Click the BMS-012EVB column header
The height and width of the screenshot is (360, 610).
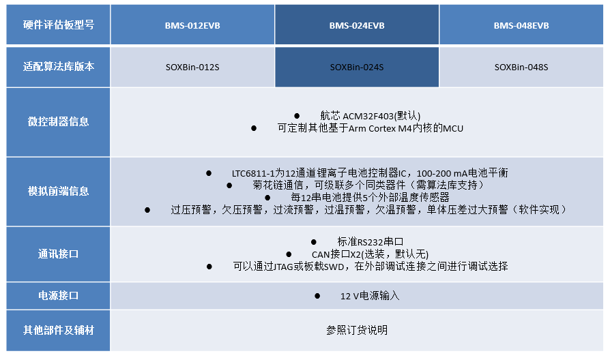(192, 25)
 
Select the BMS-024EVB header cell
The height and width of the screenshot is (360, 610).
(357, 25)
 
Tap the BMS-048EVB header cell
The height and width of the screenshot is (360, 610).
(521, 25)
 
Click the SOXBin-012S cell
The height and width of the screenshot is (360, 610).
(192, 67)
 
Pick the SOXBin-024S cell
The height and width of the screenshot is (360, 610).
(357, 67)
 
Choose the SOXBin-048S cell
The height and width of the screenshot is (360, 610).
(521, 67)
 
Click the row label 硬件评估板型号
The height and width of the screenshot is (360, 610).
(58, 25)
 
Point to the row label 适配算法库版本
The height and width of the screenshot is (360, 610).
(58, 67)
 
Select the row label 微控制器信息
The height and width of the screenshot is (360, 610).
(58, 122)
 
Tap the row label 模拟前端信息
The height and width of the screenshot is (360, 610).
(58, 191)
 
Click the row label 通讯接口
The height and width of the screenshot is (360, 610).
(58, 254)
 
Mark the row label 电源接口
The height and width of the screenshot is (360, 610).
(58, 296)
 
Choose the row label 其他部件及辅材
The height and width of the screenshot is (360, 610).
(58, 331)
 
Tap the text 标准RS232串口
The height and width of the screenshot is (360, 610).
(371, 242)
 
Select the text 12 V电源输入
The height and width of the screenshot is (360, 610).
(370, 296)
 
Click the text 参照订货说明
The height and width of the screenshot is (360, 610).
(357, 331)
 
